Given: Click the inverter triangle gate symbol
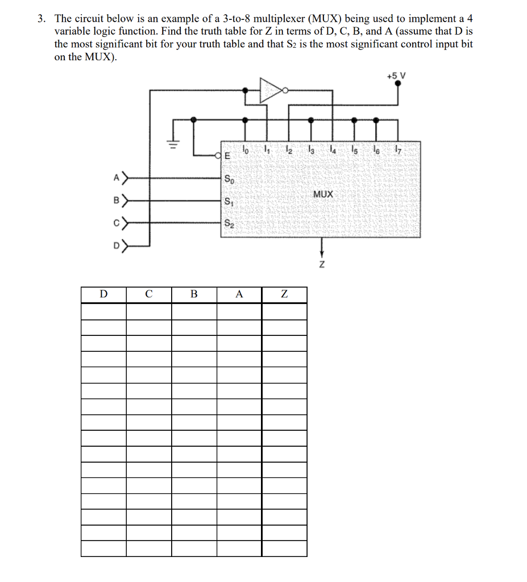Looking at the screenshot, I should (x=271, y=90).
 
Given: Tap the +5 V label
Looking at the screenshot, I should (x=397, y=75).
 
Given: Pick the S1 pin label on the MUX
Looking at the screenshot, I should (x=229, y=201).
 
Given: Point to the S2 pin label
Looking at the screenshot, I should (x=229, y=223).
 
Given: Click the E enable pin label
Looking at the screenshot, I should (x=227, y=155).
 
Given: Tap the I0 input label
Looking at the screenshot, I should (x=245, y=151).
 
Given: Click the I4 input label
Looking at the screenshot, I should (x=332, y=151).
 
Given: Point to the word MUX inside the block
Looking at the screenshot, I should (x=323, y=194).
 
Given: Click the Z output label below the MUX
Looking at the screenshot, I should (x=322, y=265).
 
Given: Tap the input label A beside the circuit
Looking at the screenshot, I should (x=116, y=178).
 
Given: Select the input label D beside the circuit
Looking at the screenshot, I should (x=116, y=246).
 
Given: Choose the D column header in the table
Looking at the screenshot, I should (x=103, y=294).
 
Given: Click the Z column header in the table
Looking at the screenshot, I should (x=284, y=294).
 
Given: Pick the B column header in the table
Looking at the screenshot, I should (x=194, y=294).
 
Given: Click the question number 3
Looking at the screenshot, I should (x=41, y=19).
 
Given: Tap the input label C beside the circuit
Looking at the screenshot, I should (x=116, y=223).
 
